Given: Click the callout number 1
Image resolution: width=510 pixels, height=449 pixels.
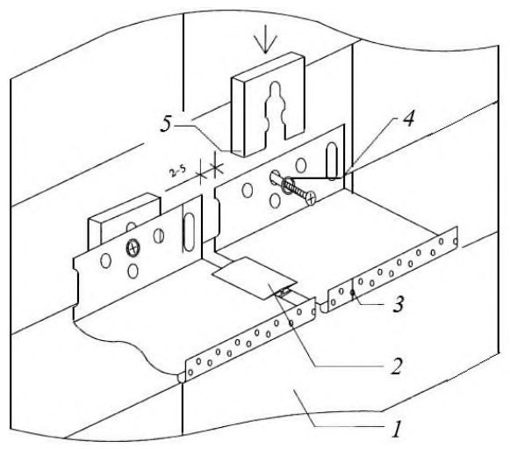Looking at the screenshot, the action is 397,429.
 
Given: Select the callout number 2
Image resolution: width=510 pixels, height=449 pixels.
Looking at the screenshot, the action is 396,366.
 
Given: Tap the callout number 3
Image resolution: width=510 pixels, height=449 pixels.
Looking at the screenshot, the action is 399,304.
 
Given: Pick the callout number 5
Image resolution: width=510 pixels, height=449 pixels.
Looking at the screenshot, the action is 166,124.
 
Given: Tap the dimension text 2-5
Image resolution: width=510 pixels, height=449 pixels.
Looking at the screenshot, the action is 178,171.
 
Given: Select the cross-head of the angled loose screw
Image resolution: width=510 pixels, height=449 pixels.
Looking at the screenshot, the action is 311,198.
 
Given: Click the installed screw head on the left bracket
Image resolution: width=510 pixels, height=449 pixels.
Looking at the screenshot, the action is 133,249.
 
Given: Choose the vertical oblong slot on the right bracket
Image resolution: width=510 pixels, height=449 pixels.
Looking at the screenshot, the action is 332,161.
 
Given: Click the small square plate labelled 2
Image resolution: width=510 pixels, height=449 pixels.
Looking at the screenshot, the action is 255,278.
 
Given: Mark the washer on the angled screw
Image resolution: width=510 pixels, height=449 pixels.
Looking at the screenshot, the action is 288,185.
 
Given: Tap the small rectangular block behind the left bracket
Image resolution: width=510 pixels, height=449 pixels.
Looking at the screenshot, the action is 125,218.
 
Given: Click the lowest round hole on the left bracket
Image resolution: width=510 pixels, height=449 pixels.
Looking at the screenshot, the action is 133,271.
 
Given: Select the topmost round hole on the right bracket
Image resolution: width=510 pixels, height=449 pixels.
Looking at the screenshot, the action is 301,165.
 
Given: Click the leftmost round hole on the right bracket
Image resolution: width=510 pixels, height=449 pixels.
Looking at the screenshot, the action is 248,190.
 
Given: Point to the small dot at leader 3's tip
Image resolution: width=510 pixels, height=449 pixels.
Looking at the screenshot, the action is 352,293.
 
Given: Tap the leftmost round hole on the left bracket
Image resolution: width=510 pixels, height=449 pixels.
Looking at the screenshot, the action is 105,260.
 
